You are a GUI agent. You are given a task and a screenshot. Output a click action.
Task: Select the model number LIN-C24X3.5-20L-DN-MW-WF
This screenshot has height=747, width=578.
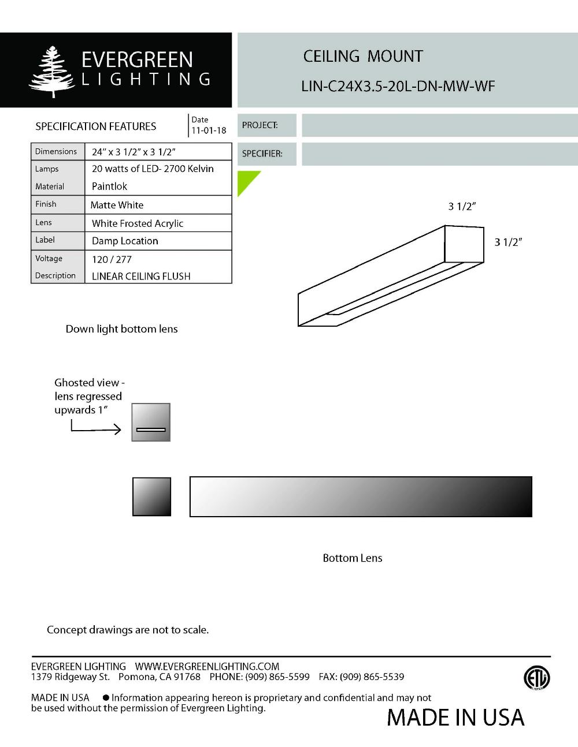pos(398,87)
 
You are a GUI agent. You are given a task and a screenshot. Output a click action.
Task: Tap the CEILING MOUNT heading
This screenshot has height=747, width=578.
pos(363,57)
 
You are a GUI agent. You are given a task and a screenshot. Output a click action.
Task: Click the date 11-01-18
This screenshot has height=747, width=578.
pos(209,130)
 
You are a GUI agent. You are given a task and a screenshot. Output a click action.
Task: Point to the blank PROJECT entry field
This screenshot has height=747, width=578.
pos(439,125)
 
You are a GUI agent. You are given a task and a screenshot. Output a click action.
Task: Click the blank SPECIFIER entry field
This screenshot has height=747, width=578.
pos(439,154)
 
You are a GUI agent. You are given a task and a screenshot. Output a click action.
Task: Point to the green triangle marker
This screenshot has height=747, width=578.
pos(246,180)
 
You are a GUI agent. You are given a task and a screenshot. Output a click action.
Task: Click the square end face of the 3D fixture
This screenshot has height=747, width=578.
pos(464,244)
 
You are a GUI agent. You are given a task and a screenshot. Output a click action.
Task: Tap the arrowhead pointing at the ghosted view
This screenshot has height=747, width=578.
pos(117,429)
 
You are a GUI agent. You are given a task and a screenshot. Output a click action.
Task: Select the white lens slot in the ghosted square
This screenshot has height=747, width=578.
pos(151,429)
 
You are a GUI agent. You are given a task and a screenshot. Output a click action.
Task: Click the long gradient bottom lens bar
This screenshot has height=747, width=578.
pos(361,496)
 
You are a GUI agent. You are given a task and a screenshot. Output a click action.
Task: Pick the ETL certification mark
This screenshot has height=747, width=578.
pos(536,678)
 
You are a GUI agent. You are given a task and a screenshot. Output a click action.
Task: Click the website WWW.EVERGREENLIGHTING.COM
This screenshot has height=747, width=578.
pos(207,666)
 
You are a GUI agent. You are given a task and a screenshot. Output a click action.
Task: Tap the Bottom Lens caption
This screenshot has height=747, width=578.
pos(352,558)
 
